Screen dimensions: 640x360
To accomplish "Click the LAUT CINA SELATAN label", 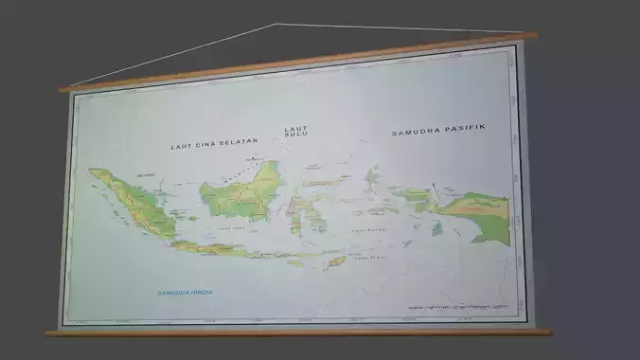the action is pyautogui.click(x=214, y=145).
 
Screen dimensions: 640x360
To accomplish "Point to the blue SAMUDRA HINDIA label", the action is pyautogui.click(x=186, y=293).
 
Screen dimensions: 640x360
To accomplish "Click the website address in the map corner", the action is pyautogui.click(x=458, y=306).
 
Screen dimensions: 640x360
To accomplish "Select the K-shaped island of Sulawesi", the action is pyautogui.click(x=304, y=207).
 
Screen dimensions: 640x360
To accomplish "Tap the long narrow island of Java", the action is pyautogui.click(x=213, y=248).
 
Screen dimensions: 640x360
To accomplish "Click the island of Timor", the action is pyautogui.click(x=333, y=261).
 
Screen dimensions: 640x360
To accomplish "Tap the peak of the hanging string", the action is pyautogui.click(x=276, y=25).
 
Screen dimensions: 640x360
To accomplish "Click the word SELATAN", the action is pyautogui.click(x=240, y=143).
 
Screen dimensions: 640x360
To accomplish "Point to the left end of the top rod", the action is pyautogui.click(x=62, y=89).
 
